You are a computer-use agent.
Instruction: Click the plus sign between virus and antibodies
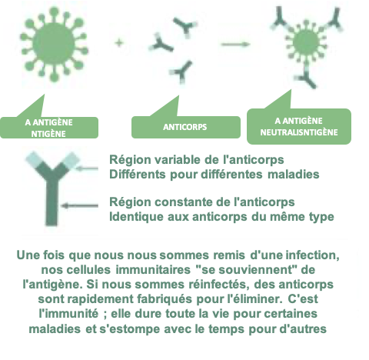point(118,43)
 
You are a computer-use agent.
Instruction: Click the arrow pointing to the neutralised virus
point(235,45)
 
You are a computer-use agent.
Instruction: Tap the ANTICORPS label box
point(186,127)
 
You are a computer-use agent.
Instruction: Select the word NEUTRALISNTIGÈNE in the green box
point(299,132)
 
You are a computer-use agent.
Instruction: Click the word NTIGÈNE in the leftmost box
point(48,134)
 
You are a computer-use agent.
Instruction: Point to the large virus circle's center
point(54,44)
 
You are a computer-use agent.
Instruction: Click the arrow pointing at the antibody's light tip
point(87,168)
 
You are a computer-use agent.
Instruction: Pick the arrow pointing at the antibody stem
point(80,205)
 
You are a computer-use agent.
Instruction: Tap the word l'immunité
point(68,314)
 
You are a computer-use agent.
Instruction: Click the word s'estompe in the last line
point(130,329)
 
